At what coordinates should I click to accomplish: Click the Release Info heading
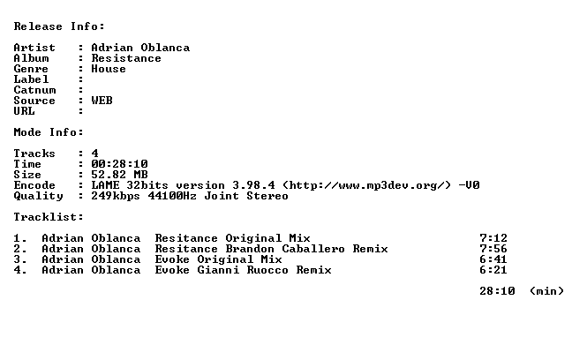tap(59, 26)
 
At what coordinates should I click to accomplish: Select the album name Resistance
tap(126, 58)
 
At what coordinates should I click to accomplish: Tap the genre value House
tap(109, 69)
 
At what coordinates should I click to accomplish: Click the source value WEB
tap(102, 101)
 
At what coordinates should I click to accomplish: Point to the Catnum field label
tap(35, 90)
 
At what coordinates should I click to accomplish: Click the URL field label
tap(25, 111)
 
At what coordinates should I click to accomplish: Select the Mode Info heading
tap(49, 132)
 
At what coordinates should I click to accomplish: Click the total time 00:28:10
tap(119, 164)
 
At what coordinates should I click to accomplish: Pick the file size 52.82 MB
tap(119, 175)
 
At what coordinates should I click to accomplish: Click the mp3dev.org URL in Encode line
tap(366, 185)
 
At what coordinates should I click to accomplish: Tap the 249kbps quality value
tap(116, 196)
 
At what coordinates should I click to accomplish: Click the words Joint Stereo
tap(246, 196)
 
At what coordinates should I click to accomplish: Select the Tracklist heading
tap(49, 217)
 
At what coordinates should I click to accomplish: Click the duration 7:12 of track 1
tap(493, 238)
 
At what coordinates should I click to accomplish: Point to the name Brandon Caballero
tap(285, 249)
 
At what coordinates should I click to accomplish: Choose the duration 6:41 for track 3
tap(493, 259)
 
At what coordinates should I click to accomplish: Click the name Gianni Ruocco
tap(243, 270)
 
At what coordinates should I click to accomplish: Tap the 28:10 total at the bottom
tap(497, 291)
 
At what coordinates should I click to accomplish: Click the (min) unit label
tap(546, 291)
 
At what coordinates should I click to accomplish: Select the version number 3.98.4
tap(253, 185)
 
